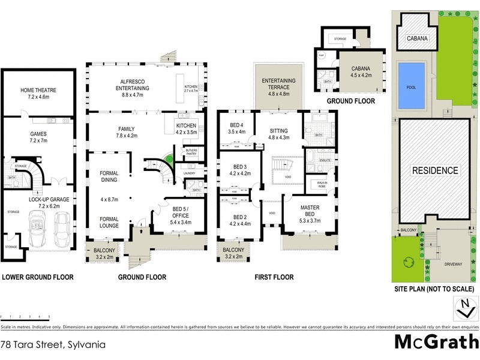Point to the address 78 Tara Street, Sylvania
pyautogui.click(x=53, y=345)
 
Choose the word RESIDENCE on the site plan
pyautogui.click(x=435, y=170)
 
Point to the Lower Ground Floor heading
pyautogui.click(x=38, y=277)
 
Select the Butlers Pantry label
pyautogui.click(x=191, y=152)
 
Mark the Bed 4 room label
pyautogui.click(x=236, y=128)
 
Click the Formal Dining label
pyautogui.click(x=109, y=177)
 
